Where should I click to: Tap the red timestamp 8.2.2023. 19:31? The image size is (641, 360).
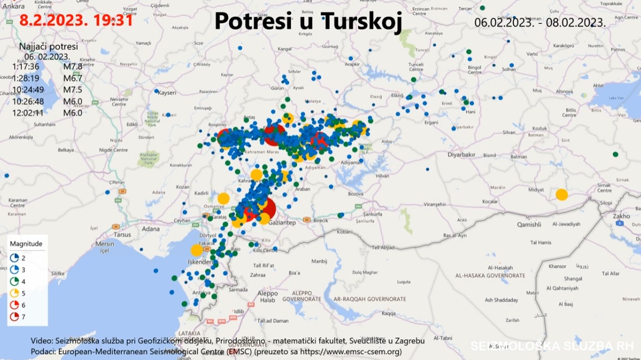click(x=76, y=21)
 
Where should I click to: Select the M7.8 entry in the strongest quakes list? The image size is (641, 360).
click(x=72, y=67)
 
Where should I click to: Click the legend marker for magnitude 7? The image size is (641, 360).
click(x=15, y=317)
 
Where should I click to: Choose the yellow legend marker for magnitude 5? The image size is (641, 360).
click(x=15, y=293)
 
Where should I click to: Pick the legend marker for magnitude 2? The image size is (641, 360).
click(x=15, y=257)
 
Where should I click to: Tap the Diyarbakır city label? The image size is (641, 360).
click(x=461, y=154)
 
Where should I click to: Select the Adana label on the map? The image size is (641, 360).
click(x=151, y=228)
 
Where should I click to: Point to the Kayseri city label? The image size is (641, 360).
click(x=167, y=93)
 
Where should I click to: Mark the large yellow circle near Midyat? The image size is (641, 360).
click(x=562, y=195)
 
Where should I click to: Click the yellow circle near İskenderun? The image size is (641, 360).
click(x=196, y=250)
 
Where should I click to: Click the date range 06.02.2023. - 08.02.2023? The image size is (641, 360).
click(x=540, y=23)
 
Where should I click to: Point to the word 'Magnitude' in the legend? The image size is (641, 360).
click(x=26, y=243)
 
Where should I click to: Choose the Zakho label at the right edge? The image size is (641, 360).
click(x=620, y=216)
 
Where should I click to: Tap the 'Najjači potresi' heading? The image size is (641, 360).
click(x=48, y=46)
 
